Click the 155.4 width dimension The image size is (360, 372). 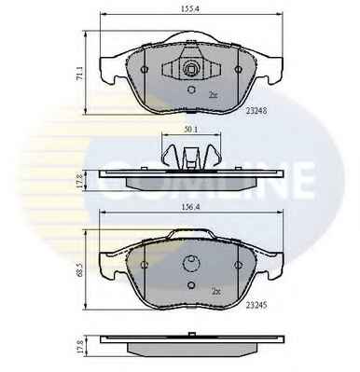coord(190,9)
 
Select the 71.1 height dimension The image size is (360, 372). coord(79,74)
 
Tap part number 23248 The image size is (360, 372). coord(256,111)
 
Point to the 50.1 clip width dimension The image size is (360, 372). coord(191,130)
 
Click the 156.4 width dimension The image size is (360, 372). coord(191,208)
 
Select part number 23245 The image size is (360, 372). coord(256,306)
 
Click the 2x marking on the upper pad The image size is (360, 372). coord(213,95)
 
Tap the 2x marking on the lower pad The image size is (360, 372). coord(215,292)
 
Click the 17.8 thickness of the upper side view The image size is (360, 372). coord(79,181)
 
